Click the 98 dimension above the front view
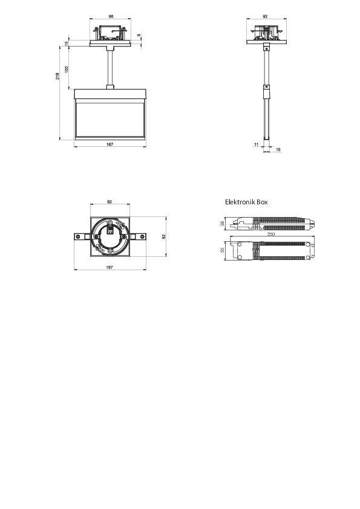click(110, 17)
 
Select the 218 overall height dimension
click(57, 76)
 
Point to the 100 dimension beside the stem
click(67, 68)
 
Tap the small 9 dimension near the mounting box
click(140, 36)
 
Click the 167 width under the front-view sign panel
click(110, 144)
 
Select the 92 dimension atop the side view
click(266, 17)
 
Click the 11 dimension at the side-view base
click(256, 144)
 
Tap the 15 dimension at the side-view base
click(278, 149)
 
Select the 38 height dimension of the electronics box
click(223, 224)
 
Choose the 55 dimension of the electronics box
click(223, 249)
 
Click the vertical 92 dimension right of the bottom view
click(164, 237)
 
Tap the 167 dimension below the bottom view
click(110, 267)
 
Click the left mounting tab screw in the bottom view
click(78, 236)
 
